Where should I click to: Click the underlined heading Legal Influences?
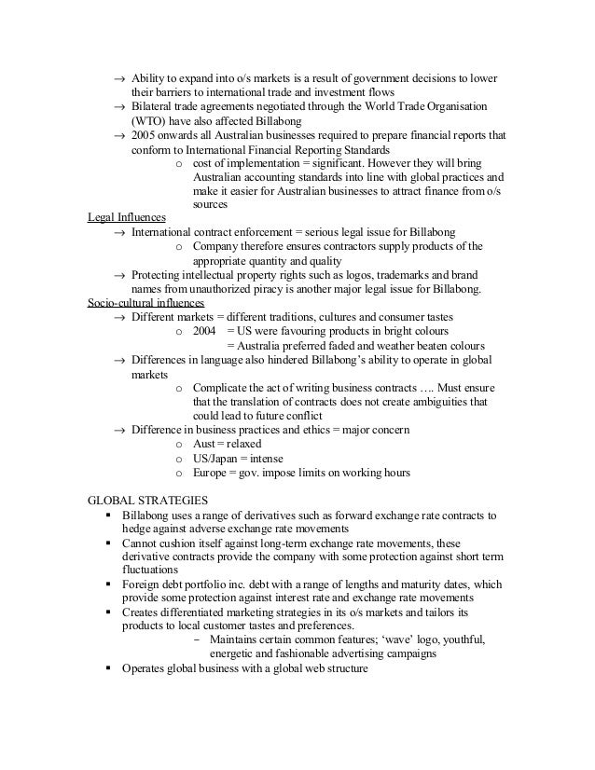120,217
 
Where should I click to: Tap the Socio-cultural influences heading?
145,304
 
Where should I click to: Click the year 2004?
203,331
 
